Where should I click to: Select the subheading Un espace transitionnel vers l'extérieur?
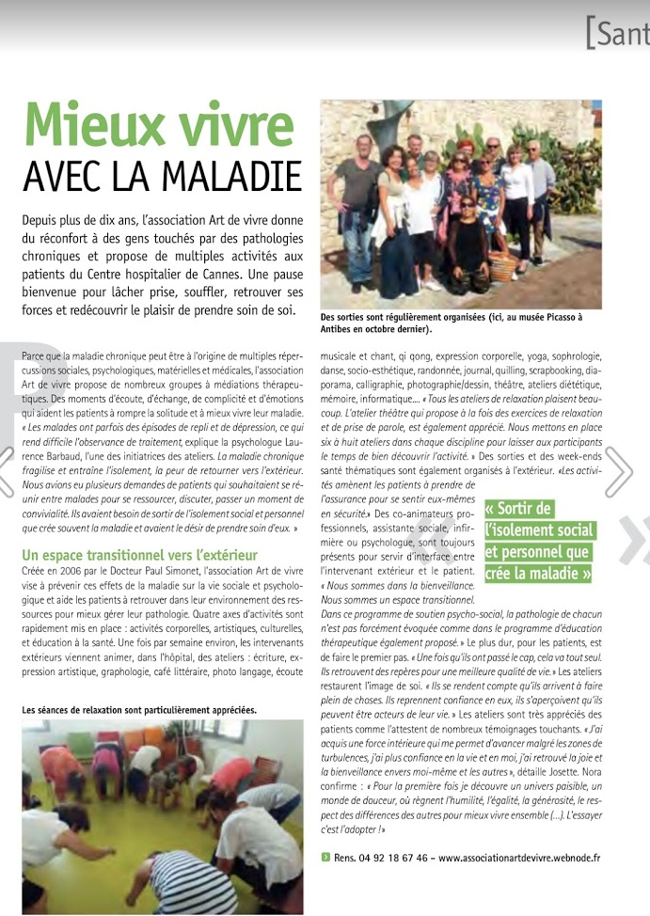point(139,556)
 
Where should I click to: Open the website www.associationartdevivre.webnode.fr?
point(519,858)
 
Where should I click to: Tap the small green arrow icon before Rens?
point(325,858)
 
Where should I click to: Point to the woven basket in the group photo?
point(504,266)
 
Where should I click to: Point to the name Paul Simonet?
point(179,570)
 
